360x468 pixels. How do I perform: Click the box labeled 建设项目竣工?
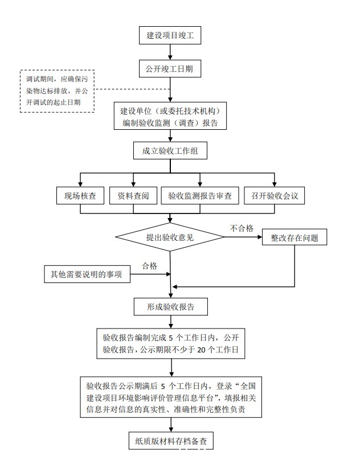(x=170, y=35)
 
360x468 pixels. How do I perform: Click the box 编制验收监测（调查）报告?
(x=170, y=116)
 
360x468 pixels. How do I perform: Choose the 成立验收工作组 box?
(x=170, y=151)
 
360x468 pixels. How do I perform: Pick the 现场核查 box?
(x=80, y=196)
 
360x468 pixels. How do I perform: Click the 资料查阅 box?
(x=133, y=196)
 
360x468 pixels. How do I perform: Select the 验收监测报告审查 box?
(x=200, y=196)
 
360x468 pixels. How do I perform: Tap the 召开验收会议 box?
(x=275, y=196)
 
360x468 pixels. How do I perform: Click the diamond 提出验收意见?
(x=170, y=237)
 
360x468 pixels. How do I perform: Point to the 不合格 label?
(x=242, y=228)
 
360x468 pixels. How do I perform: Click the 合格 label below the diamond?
(x=149, y=265)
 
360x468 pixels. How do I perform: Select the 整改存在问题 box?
(x=294, y=237)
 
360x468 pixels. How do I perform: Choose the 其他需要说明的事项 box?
(x=87, y=274)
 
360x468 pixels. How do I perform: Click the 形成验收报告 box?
(x=170, y=306)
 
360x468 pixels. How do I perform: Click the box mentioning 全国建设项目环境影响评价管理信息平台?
(x=170, y=397)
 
